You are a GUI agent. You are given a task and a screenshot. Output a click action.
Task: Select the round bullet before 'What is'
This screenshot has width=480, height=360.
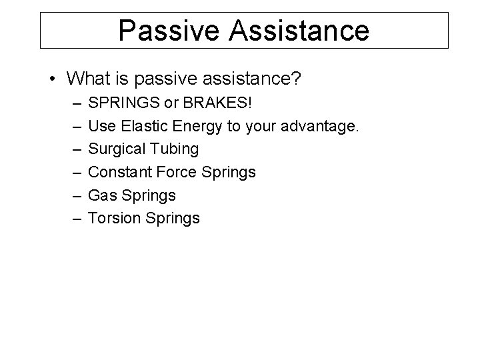(52, 80)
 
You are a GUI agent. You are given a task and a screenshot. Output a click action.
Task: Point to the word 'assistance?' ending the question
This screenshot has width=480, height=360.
(250, 79)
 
